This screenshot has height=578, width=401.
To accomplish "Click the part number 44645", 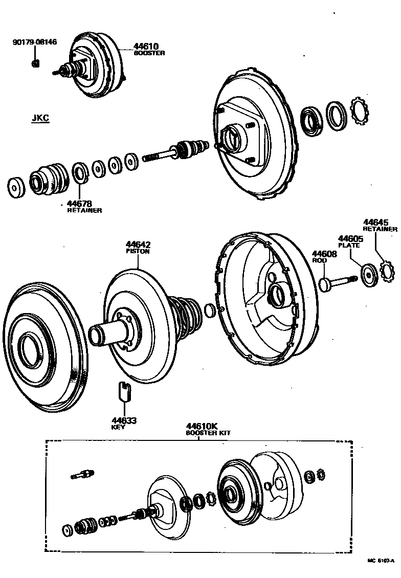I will pos(376,223).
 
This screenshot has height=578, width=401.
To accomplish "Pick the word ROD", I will pos(319,260).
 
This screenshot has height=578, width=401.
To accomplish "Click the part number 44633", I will pos(123,420).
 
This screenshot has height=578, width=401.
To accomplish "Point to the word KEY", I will pos(118,427).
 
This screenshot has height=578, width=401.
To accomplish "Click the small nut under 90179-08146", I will pos(35,63).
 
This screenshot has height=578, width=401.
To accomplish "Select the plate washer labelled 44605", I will pos(368,274).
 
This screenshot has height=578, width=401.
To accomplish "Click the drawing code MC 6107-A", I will pos(381,561).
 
